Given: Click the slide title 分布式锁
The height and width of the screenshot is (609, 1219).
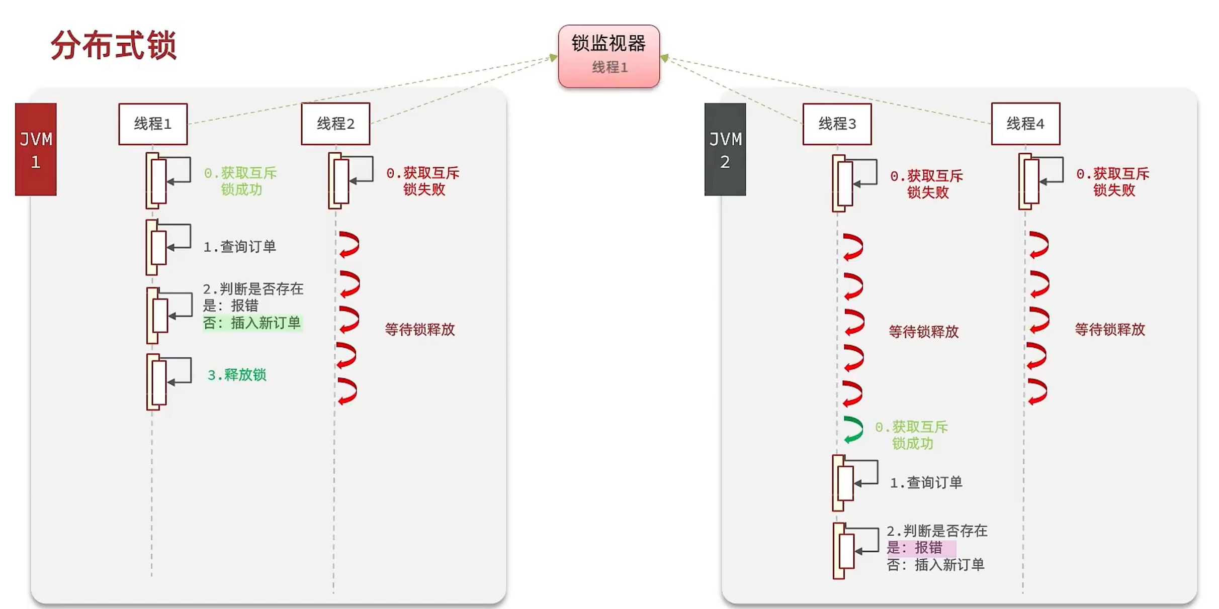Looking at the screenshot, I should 114,45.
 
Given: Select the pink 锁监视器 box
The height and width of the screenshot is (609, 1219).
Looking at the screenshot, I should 608,56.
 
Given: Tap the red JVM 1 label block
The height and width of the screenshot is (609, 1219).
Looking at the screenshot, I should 36,149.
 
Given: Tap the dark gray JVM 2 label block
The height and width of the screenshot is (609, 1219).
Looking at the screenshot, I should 725,149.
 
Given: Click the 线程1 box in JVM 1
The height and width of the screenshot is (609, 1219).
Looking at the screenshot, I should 153,124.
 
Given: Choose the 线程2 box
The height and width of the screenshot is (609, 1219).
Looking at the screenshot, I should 335,124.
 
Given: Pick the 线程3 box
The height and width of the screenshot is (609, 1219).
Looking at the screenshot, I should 837,124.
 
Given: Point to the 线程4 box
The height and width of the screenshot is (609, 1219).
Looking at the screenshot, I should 1025,124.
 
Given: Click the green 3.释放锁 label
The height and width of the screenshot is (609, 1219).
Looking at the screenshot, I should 237,375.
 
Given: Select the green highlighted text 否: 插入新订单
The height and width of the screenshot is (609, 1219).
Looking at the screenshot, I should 252,323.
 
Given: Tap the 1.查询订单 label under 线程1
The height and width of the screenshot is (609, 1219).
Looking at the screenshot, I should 240,247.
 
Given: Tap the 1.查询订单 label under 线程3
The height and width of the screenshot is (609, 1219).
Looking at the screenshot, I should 926,483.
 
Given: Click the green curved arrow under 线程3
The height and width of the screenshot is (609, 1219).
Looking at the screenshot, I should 853,430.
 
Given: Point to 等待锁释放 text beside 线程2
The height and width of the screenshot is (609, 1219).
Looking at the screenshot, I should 420,330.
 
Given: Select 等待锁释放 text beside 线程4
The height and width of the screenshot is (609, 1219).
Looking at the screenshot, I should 1110,330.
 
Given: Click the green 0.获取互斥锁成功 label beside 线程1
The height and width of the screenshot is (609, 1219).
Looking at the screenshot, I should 241,181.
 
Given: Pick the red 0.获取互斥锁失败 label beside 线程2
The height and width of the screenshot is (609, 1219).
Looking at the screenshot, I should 423,181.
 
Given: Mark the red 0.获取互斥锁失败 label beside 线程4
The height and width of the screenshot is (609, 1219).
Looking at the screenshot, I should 1113,182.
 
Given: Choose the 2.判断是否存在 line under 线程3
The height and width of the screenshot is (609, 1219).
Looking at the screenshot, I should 937,531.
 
